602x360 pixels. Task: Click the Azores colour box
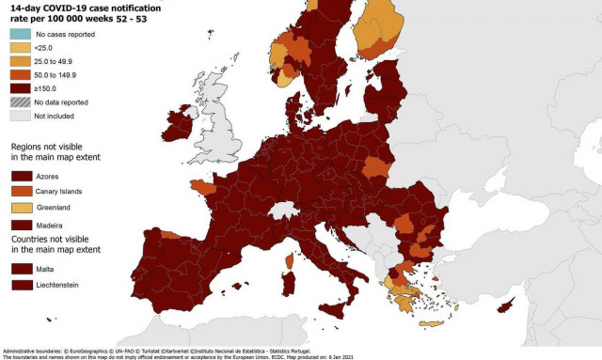22,175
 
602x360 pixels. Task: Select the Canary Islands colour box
22,191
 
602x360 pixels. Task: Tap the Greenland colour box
22,207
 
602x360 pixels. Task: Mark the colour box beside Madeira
22,224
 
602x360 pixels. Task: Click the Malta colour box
22,267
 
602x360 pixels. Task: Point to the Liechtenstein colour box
22,283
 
